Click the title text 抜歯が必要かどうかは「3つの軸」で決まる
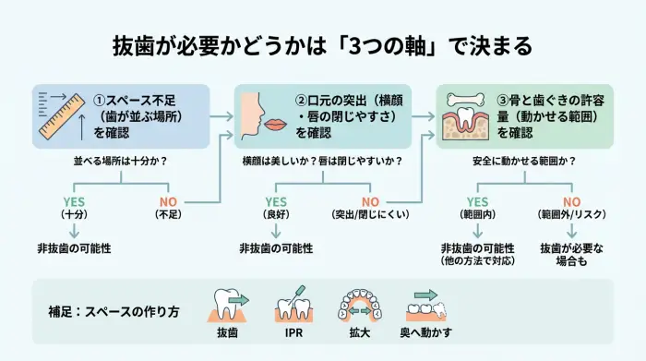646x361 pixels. click(x=322, y=46)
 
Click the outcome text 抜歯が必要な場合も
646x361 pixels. click(x=570, y=255)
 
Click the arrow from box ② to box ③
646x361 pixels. click(x=422, y=116)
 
